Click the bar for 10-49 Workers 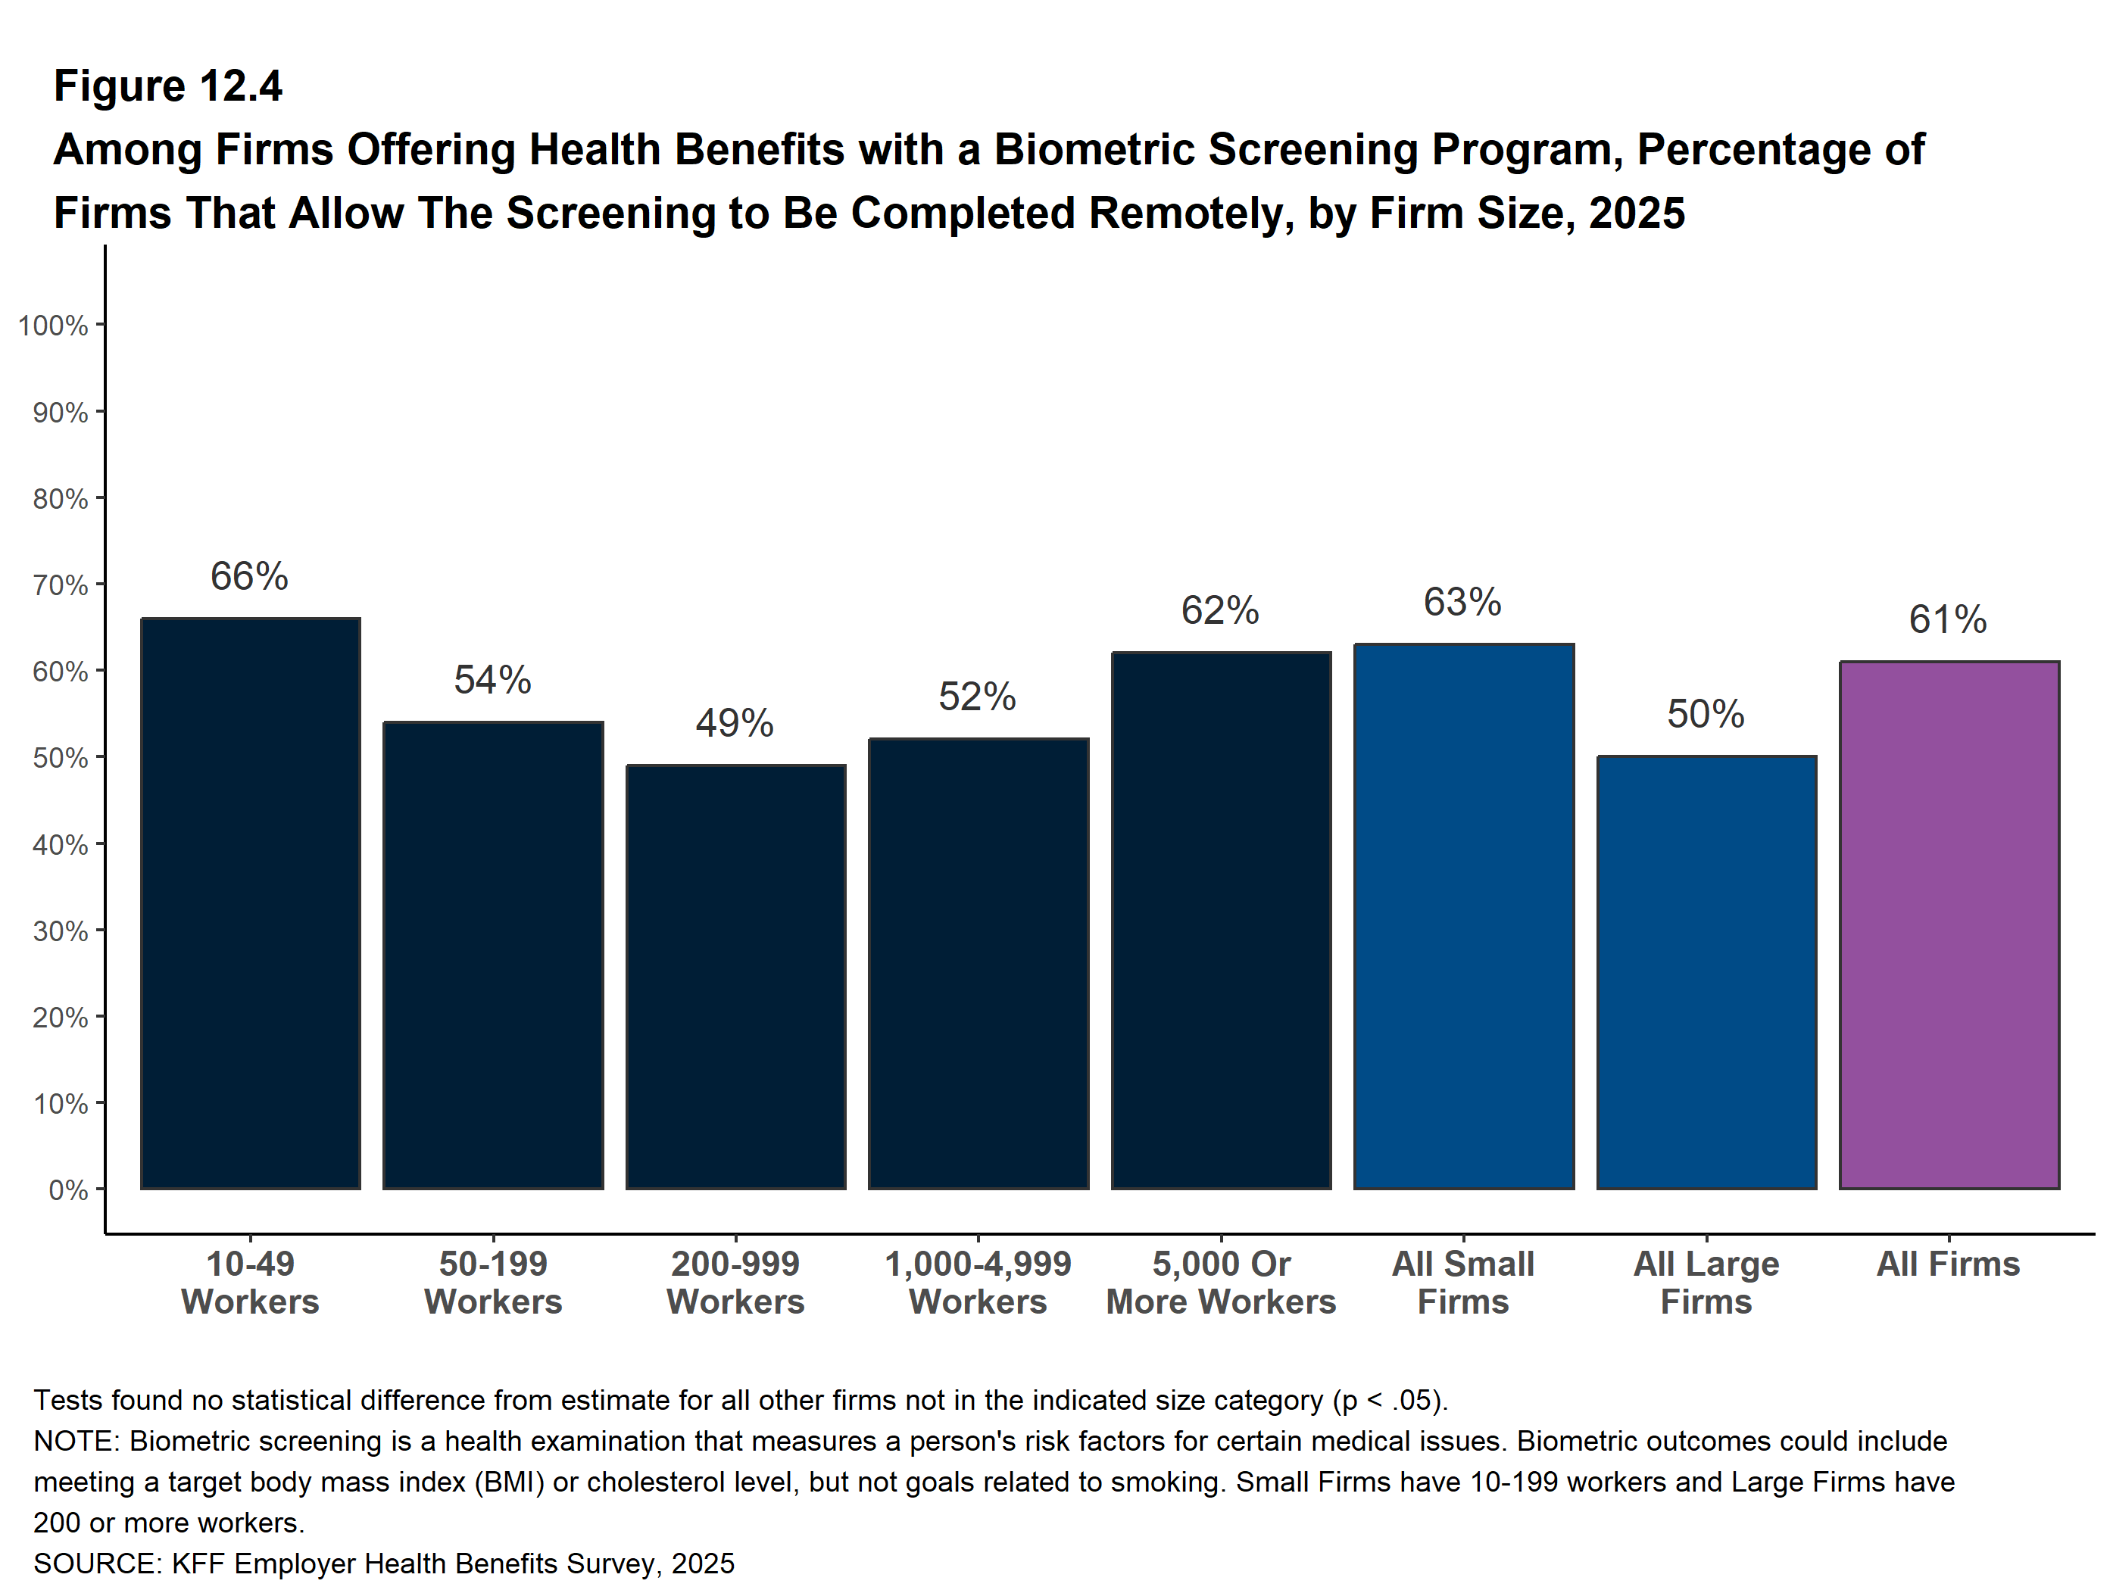[x=250, y=903]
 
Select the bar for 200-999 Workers [x=735, y=977]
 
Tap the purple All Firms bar [x=1949, y=924]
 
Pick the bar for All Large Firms [x=1706, y=972]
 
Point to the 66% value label [x=249, y=576]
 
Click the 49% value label [x=735, y=723]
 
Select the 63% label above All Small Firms [x=1462, y=602]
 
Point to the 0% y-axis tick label [x=68, y=1190]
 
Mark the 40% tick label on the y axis [x=60, y=844]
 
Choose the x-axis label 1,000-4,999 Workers [x=978, y=1283]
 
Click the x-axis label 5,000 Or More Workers [x=1221, y=1283]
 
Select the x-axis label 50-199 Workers [x=493, y=1283]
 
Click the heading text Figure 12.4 [x=168, y=86]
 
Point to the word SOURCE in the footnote [x=96, y=1563]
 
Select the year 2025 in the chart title [x=1637, y=213]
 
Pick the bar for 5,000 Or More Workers [x=1221, y=921]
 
